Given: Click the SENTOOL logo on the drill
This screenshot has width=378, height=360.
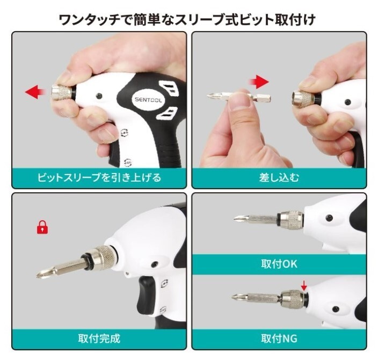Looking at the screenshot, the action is (148, 99).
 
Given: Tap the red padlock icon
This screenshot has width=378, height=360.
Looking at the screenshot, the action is (42, 227).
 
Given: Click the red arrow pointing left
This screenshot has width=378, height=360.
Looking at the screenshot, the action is (35, 92).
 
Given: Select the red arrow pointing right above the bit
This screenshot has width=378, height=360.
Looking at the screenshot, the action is (259, 82).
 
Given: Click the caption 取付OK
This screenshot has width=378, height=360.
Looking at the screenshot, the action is (279, 264).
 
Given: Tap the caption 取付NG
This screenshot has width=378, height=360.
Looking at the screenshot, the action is (279, 339).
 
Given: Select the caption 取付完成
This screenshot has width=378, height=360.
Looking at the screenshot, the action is (99, 339).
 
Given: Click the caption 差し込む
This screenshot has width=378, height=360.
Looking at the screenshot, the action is (279, 178).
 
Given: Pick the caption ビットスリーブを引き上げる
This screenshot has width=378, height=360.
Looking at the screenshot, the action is (99, 178).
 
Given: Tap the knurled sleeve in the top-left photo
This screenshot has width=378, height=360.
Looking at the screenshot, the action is (62, 92).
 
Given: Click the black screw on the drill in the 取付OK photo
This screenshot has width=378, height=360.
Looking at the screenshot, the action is (329, 218).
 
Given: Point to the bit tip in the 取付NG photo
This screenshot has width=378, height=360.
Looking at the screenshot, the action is (235, 297).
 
